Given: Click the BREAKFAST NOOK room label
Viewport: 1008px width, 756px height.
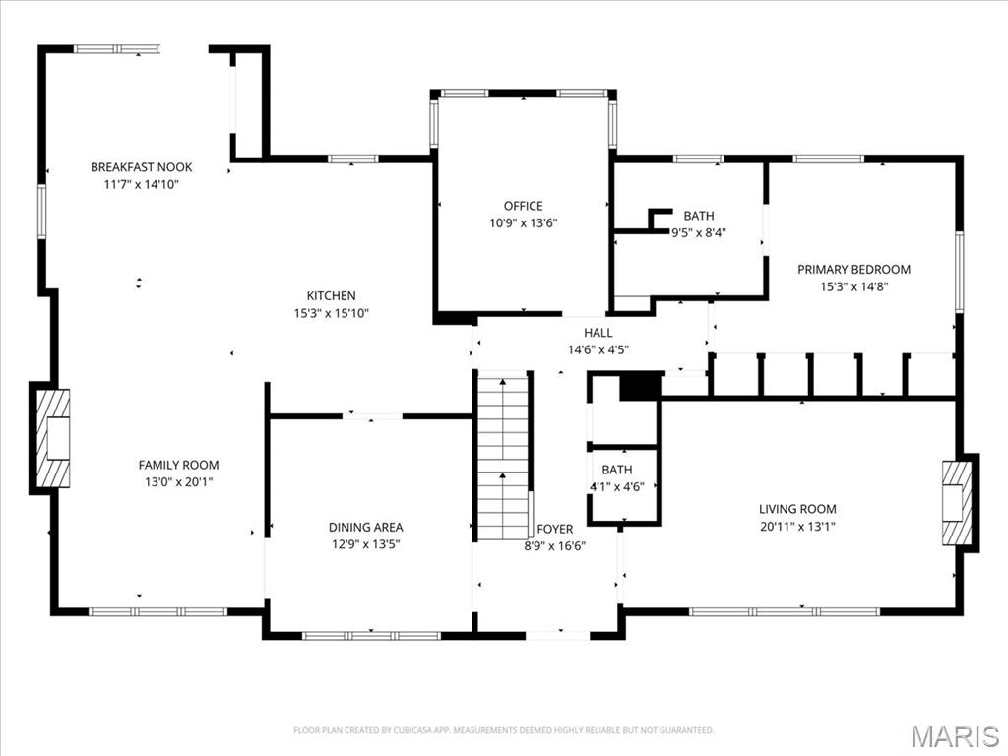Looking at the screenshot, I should pyautogui.click(x=141, y=167).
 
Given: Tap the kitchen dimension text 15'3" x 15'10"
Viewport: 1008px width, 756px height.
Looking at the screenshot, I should pyautogui.click(x=331, y=313).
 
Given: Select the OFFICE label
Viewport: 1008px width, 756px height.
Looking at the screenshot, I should pyautogui.click(x=523, y=206).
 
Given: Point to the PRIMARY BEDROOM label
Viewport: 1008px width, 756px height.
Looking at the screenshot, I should pyautogui.click(x=853, y=269).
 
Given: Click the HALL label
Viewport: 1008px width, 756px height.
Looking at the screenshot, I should pyautogui.click(x=598, y=333).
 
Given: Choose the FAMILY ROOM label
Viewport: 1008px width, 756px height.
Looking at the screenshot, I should pyautogui.click(x=178, y=465).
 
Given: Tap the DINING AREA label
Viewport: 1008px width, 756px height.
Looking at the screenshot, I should pyautogui.click(x=365, y=527).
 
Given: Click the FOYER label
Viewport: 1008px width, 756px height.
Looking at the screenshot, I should pyautogui.click(x=555, y=529).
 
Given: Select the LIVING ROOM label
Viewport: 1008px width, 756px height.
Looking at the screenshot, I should pyautogui.click(x=797, y=509).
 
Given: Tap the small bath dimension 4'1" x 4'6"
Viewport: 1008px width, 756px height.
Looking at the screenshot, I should pyautogui.click(x=617, y=486).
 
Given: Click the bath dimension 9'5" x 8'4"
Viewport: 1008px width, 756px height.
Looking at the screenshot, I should pyautogui.click(x=699, y=233).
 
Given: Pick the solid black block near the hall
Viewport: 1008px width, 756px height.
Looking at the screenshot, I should pyautogui.click(x=639, y=386).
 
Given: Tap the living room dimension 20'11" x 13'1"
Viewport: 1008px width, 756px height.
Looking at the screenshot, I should pyautogui.click(x=797, y=526).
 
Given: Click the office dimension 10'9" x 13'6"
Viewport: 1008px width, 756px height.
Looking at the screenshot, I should pyautogui.click(x=523, y=222).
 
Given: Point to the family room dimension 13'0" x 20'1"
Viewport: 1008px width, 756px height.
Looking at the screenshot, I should pyautogui.click(x=178, y=481).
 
